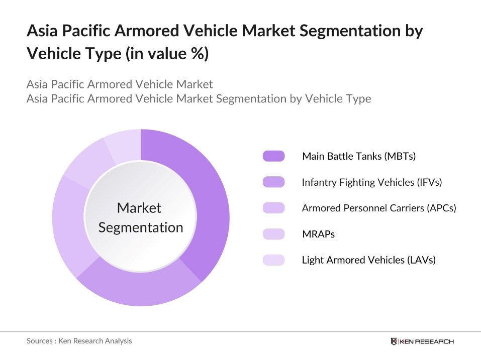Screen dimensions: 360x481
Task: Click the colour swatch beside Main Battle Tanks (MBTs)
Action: click(273, 156)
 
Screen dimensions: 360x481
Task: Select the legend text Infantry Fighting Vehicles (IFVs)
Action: click(371, 182)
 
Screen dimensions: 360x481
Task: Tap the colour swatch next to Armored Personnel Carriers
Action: click(273, 208)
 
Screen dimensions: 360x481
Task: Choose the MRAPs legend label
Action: click(318, 234)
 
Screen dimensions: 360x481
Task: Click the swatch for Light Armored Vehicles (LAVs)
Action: click(273, 260)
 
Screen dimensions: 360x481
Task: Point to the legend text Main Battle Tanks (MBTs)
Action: click(359, 156)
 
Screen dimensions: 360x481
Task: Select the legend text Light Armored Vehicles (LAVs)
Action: click(368, 260)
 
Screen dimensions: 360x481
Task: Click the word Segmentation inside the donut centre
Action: click(141, 227)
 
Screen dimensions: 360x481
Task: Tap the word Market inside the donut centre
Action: click(139, 208)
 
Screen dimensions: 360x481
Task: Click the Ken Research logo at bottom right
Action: click(422, 341)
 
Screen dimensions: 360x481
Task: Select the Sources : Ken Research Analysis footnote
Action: click(79, 341)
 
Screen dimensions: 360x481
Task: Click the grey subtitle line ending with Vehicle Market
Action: click(120, 84)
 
